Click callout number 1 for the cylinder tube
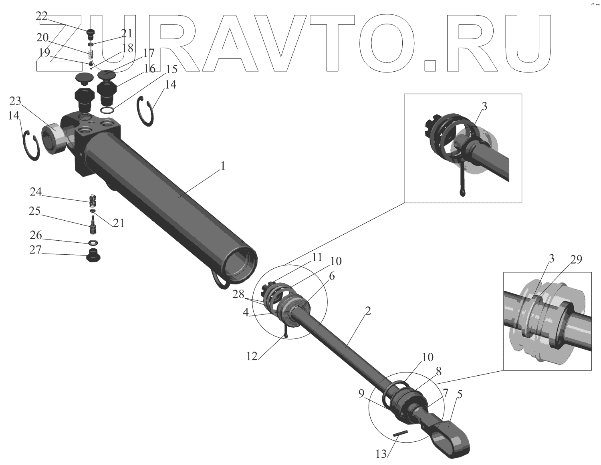point(223,166)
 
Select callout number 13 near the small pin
point(382,453)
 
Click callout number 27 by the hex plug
point(36,250)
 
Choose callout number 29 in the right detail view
point(576,260)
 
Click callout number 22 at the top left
point(42,16)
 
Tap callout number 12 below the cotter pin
point(252,356)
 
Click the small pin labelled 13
point(400,433)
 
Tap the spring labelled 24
point(92,199)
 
